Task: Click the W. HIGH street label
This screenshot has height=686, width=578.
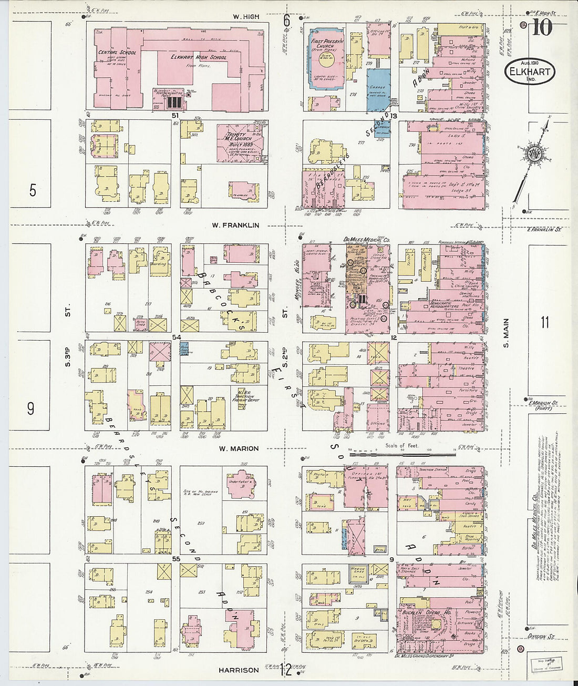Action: pos(246,17)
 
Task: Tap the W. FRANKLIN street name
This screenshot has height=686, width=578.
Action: pos(235,225)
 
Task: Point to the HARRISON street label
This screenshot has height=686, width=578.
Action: pos(239,670)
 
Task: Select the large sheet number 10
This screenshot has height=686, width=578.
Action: pos(542,27)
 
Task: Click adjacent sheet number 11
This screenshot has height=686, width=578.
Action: pos(544,322)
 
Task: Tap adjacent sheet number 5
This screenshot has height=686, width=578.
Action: pos(33,190)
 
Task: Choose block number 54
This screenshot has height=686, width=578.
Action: pos(177,336)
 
